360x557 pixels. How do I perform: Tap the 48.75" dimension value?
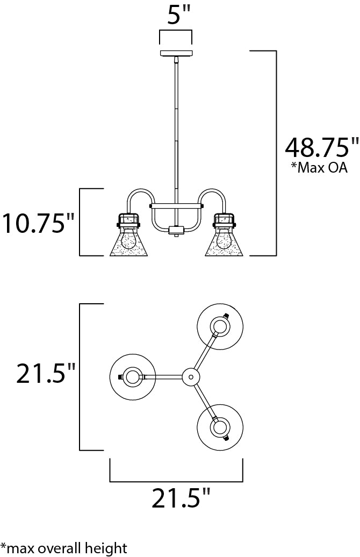(x=321, y=146)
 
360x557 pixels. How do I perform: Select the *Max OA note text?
(x=319, y=168)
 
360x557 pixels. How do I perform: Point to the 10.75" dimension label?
(x=38, y=223)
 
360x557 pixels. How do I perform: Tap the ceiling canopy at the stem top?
(x=176, y=53)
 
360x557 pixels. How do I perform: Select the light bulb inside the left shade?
(x=127, y=239)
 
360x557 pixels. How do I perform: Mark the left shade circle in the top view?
(x=131, y=377)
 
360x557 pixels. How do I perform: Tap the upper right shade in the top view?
(x=220, y=326)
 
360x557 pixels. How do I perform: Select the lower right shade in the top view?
(x=220, y=428)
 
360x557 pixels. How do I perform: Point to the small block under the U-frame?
(x=176, y=230)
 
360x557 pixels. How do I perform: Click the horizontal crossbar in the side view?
(x=176, y=205)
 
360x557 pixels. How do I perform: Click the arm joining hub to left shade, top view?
(x=164, y=377)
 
